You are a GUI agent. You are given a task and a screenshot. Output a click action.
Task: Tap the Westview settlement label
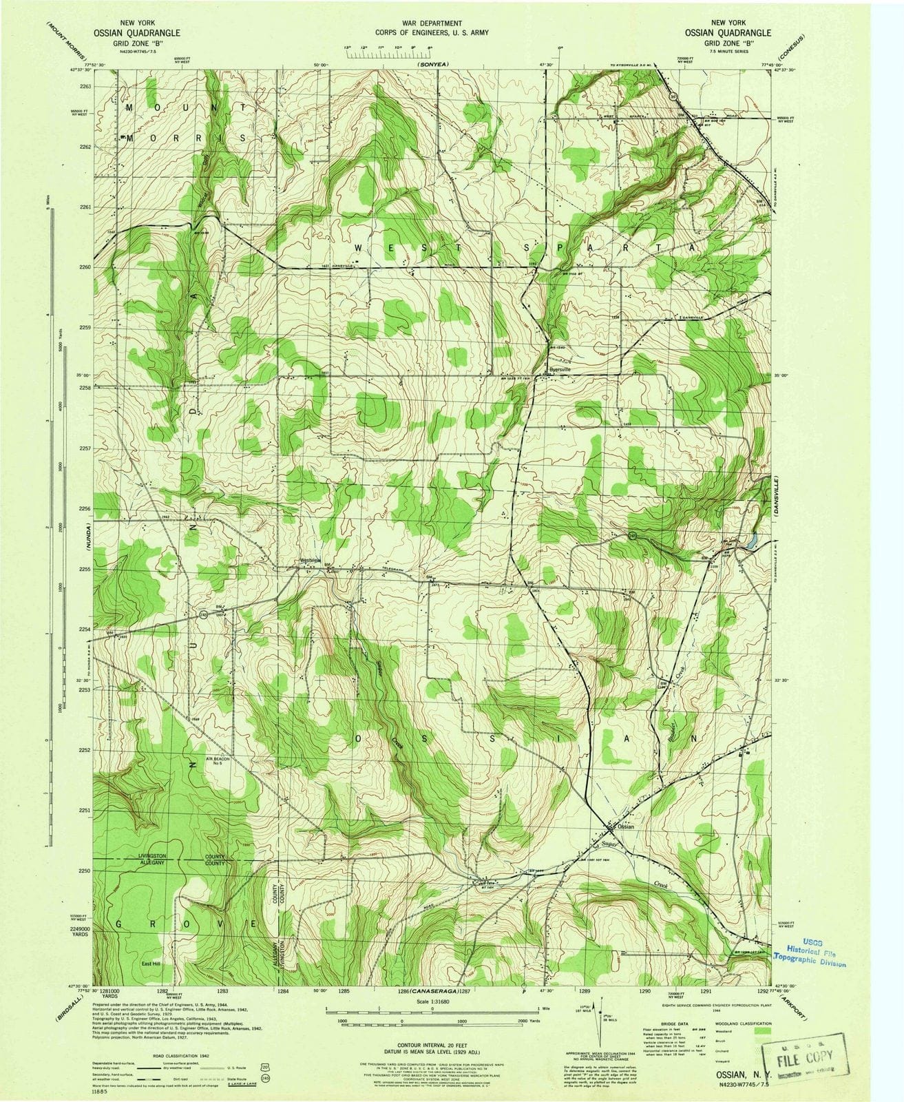[x=311, y=560]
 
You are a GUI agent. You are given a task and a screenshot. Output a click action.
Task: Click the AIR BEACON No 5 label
[x=216, y=761]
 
